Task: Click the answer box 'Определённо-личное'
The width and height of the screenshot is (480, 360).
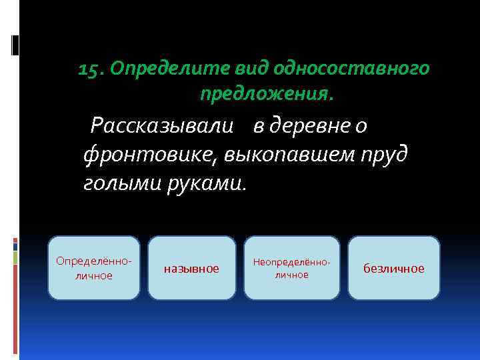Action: pyautogui.click(x=93, y=267)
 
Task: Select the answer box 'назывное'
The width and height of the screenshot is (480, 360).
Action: pyautogui.click(x=191, y=267)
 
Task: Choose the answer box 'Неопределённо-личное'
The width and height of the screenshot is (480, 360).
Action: pyautogui.click(x=291, y=267)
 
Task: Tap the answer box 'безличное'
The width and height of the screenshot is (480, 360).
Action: pyautogui.click(x=393, y=267)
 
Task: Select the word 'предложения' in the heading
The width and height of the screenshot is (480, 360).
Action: pyautogui.click(x=263, y=95)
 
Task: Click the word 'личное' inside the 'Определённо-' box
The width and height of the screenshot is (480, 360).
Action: pyautogui.click(x=93, y=275)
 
